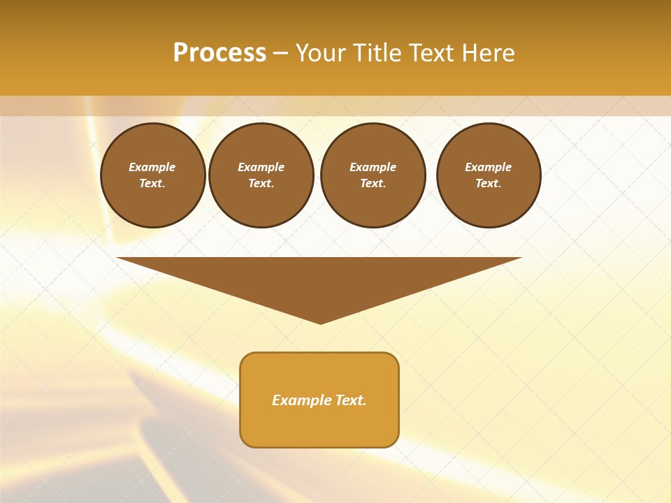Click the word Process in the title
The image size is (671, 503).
click(219, 53)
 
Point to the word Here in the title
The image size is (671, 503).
click(489, 53)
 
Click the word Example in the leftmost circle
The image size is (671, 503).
click(152, 167)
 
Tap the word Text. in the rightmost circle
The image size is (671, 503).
click(489, 183)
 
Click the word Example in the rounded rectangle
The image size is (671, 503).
click(301, 400)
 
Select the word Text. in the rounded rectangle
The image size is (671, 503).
click(350, 400)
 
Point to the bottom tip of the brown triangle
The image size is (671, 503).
click(320, 322)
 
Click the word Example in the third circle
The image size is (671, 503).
click(373, 167)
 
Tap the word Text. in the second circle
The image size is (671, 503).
click(261, 183)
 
